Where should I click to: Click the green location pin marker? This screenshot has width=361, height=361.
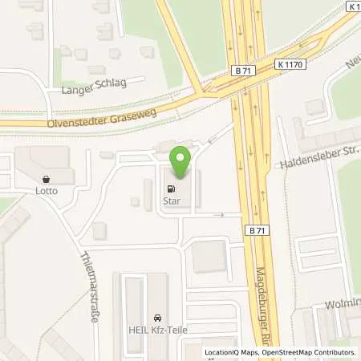(183, 161)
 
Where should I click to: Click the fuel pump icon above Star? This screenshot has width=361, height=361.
(172, 189)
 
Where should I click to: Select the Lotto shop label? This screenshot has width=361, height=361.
(45, 192)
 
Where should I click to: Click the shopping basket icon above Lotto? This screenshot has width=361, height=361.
(45, 180)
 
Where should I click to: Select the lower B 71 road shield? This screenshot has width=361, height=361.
(255, 229)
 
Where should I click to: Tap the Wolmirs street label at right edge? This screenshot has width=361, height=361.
(343, 305)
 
